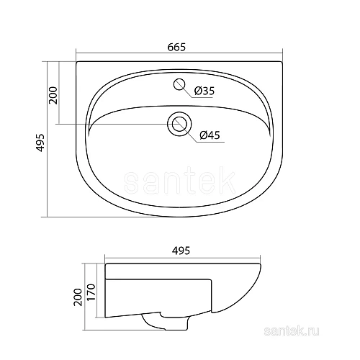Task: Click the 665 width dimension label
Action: (178, 47)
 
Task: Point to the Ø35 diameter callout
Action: (205, 91)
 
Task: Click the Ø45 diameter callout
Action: (210, 134)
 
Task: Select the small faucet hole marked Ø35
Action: (179, 85)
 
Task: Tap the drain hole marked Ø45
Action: (179, 125)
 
